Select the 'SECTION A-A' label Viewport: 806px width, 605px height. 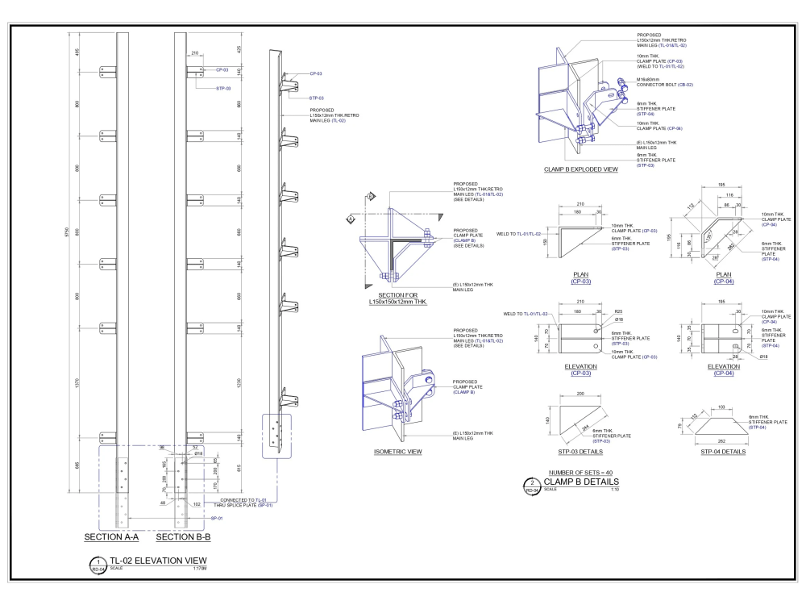pyautogui.click(x=111, y=536)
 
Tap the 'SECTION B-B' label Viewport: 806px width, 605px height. pyautogui.click(x=183, y=536)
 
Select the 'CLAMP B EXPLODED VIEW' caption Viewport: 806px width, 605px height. pyautogui.click(x=581, y=170)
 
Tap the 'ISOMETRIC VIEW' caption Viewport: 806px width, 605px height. pyautogui.click(x=399, y=452)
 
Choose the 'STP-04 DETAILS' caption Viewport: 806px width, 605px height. pyautogui.click(x=722, y=452)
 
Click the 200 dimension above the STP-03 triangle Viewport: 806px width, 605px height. pyautogui.click(x=580, y=394)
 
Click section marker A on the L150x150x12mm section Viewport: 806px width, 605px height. pyautogui.click(x=351, y=219)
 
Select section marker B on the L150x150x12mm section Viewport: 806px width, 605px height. pyautogui.click(x=370, y=196)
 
